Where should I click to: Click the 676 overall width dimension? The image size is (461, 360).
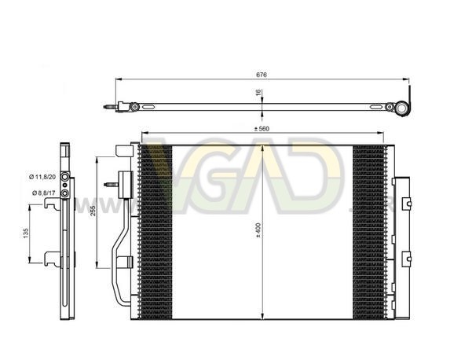262,75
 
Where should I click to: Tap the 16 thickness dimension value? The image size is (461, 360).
258,93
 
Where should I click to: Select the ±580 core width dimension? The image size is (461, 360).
262,129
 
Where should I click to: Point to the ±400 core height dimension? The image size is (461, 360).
258,230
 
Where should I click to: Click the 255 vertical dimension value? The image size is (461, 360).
93,211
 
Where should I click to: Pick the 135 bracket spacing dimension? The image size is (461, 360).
26,233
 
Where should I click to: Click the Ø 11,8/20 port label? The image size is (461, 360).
42,177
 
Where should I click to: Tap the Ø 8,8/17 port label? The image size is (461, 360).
43,193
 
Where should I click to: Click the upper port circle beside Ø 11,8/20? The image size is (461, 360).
64,177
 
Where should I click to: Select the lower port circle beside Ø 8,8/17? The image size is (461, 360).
64,193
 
